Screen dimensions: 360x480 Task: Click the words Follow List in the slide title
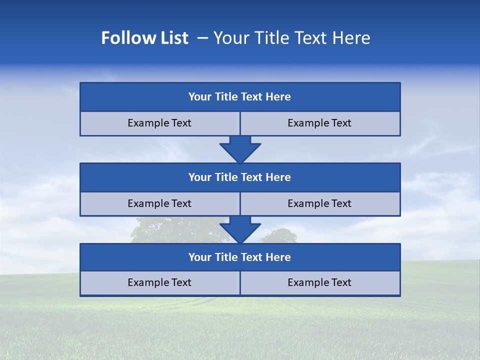click(144, 38)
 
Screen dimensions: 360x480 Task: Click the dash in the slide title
click(203, 38)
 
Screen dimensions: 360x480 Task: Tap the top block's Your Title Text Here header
click(239, 97)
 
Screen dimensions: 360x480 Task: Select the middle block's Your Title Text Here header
click(239, 177)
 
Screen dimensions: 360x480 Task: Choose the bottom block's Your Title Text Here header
click(239, 257)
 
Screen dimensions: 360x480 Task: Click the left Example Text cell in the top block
click(159, 123)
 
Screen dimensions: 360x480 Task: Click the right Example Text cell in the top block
click(319, 123)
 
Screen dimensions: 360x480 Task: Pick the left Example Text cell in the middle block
click(159, 204)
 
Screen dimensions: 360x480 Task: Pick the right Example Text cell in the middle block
click(319, 204)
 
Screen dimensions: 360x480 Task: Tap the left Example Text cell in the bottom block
click(159, 283)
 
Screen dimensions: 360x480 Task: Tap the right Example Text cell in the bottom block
click(319, 283)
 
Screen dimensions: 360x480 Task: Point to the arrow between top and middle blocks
click(240, 149)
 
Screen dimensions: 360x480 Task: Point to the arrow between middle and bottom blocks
click(240, 229)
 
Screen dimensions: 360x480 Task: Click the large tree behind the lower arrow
click(170, 230)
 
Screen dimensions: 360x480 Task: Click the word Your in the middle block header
click(199, 177)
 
